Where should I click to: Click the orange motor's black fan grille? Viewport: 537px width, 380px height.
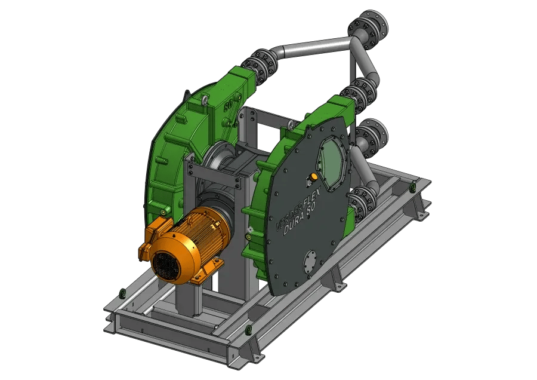pyautogui.click(x=168, y=262)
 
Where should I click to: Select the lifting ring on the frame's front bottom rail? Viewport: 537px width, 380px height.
pyautogui.click(x=249, y=329)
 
